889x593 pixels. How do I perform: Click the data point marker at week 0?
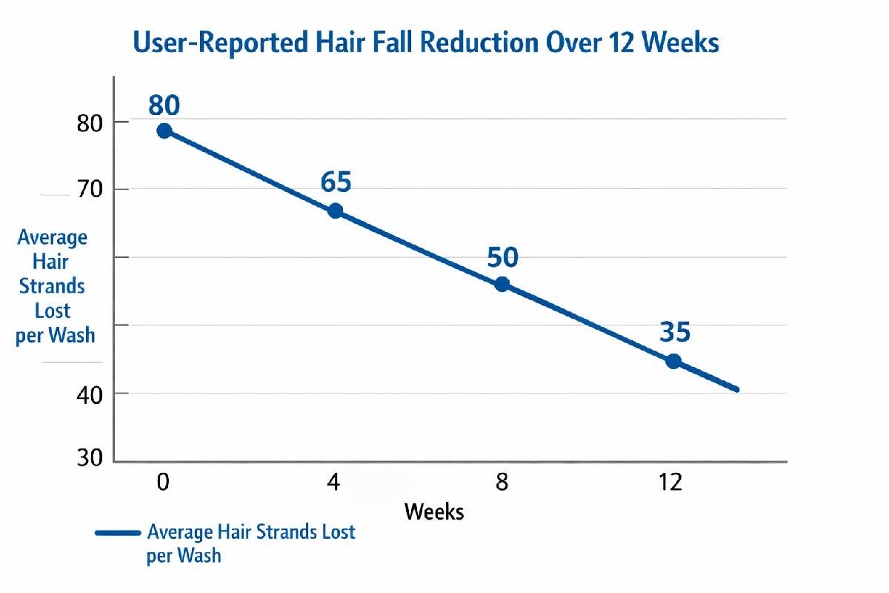point(164,131)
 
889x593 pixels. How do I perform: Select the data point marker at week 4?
point(335,211)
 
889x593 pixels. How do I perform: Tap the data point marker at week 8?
point(502,284)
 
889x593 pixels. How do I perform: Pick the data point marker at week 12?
point(673,361)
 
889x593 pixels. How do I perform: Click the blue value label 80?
point(164,105)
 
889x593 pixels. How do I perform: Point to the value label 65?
point(336,182)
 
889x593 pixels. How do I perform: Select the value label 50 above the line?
point(502,257)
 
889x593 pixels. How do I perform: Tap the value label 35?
point(674,332)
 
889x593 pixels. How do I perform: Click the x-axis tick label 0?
point(163,483)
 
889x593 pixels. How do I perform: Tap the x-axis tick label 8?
point(502,483)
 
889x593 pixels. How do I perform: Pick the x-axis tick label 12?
point(671,483)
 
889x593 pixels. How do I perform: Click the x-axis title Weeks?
point(434,511)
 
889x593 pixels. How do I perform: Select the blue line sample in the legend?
point(117,533)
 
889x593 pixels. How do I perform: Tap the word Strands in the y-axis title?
point(52,285)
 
